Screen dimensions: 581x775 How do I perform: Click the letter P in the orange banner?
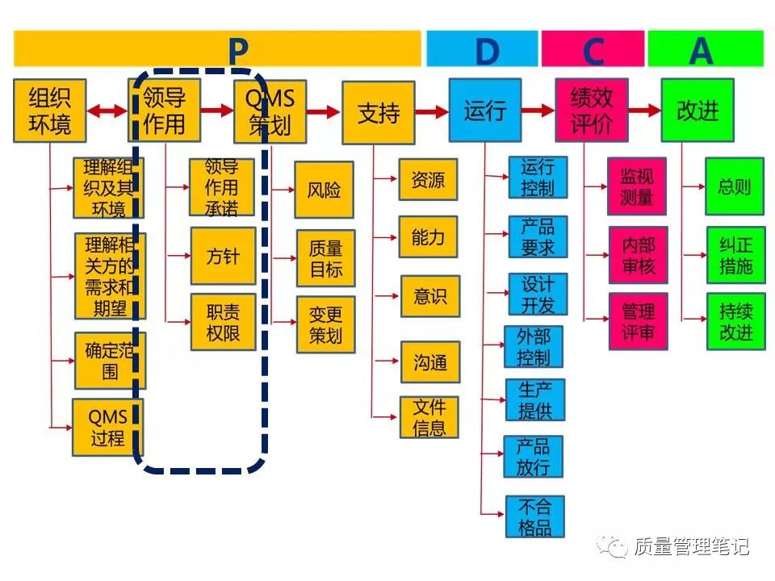pyautogui.click(x=237, y=50)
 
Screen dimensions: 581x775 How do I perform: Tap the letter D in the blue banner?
pyautogui.click(x=487, y=51)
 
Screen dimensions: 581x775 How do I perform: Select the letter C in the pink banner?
pyautogui.click(x=593, y=51)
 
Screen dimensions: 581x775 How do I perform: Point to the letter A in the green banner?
pyautogui.click(x=701, y=51)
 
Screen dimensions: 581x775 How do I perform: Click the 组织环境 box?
pyautogui.click(x=50, y=111)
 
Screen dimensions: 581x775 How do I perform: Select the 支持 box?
pyautogui.click(x=378, y=112)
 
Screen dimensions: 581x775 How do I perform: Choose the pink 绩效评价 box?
pyautogui.click(x=592, y=111)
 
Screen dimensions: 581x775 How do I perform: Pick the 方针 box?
pyautogui.click(x=223, y=256)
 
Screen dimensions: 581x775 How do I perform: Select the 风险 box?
pyautogui.click(x=324, y=190)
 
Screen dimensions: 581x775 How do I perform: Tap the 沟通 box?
pyautogui.click(x=429, y=362)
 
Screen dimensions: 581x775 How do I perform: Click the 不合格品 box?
pyautogui.click(x=534, y=517)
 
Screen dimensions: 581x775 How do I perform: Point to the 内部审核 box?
pyautogui.click(x=638, y=255)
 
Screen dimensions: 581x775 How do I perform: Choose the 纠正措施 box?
pyautogui.click(x=735, y=255)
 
